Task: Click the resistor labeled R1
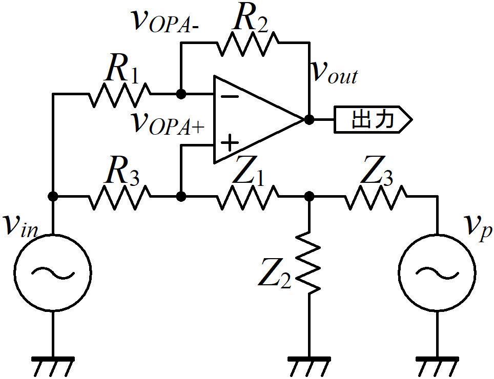tap(119, 94)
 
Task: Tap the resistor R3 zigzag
tap(119, 197)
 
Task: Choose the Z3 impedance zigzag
tap(376, 197)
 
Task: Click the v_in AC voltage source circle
tap(53, 272)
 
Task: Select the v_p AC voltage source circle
tap(437, 272)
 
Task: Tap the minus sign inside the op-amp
tap(230, 97)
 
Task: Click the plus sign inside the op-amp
tap(230, 143)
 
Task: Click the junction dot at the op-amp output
tap(309, 120)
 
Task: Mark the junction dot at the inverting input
tap(181, 94)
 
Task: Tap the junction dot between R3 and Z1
tap(181, 197)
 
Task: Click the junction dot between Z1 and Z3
tap(309, 197)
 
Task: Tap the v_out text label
tap(334, 73)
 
